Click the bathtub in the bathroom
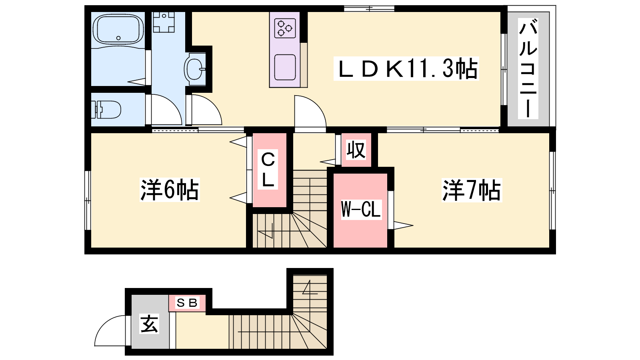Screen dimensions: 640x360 click(118, 29)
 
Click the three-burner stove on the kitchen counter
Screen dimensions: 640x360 click(285, 28)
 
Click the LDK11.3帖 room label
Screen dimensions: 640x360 click(406, 68)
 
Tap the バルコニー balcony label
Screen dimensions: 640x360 click(528, 68)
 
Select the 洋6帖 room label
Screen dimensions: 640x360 click(170, 190)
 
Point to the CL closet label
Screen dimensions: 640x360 click(268, 170)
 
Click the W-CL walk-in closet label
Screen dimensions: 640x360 click(361, 210)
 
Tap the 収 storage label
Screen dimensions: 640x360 click(356, 150)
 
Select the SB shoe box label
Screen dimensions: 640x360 click(187, 302)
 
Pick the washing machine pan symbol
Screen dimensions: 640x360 click(164, 22)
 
